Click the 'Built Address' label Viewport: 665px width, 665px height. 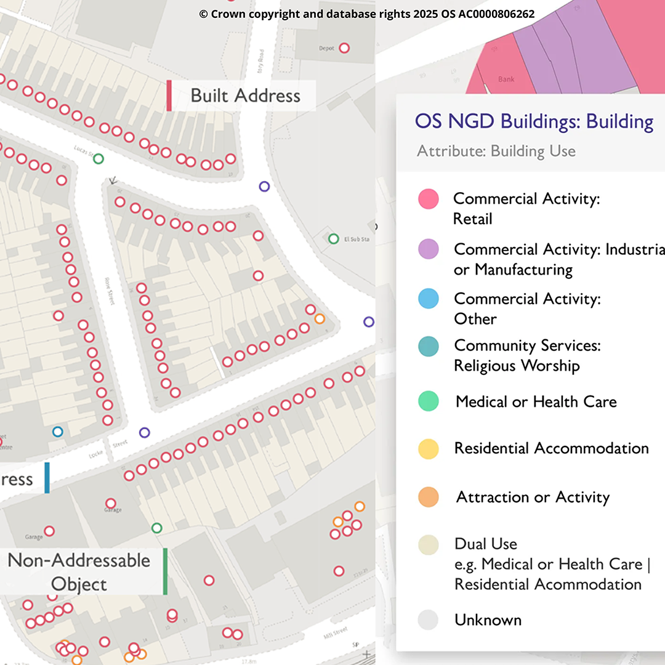pyautogui.click(x=245, y=96)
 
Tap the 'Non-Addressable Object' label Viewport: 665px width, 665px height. pyautogui.click(x=79, y=572)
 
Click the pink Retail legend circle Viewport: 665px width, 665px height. pyautogui.click(x=428, y=199)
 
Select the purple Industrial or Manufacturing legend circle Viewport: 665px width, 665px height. pyautogui.click(x=428, y=249)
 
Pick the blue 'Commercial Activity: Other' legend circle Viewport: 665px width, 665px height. pyautogui.click(x=428, y=299)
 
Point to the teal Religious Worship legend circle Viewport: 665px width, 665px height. pyautogui.click(x=428, y=347)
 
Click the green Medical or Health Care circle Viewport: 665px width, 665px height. pyautogui.click(x=428, y=401)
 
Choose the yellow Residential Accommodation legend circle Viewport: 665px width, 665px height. pyautogui.click(x=428, y=449)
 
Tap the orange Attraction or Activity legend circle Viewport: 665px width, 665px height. pyautogui.click(x=428, y=497)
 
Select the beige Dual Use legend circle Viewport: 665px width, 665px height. pyautogui.click(x=428, y=545)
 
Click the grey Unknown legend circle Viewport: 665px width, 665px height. pyautogui.click(x=428, y=620)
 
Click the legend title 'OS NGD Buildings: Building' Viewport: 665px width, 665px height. pyautogui.click(x=534, y=121)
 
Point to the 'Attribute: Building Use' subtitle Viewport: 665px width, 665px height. pyautogui.click(x=496, y=151)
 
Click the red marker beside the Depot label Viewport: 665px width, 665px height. pyautogui.click(x=345, y=47)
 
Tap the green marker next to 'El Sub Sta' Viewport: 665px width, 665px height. pyautogui.click(x=334, y=238)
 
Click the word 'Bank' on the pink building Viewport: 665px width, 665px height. pyautogui.click(x=506, y=79)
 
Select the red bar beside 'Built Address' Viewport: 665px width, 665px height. pyautogui.click(x=169, y=96)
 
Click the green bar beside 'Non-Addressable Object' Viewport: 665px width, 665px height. pyautogui.click(x=165, y=572)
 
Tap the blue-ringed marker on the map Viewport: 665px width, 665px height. pyautogui.click(x=58, y=432)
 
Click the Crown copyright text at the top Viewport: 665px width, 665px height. pyautogui.click(x=366, y=14)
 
